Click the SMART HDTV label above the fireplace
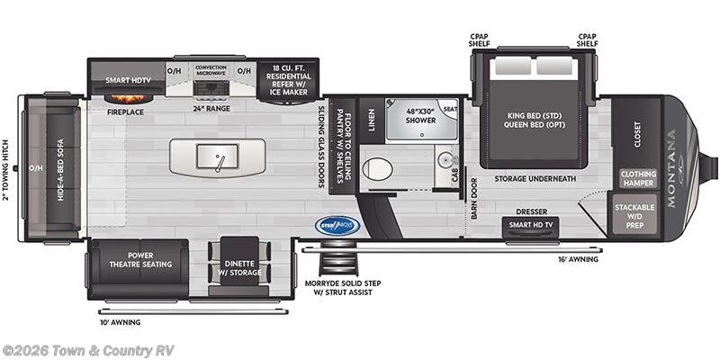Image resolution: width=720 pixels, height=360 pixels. (126, 79)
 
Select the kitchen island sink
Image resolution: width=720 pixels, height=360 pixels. (219, 158)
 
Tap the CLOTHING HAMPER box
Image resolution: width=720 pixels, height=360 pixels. (637, 178)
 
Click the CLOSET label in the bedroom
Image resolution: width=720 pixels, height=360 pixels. (638, 133)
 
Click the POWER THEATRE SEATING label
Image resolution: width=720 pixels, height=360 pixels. (139, 259)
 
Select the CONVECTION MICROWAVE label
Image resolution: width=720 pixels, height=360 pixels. (211, 70)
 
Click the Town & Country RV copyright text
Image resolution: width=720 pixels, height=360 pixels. (88, 350)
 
